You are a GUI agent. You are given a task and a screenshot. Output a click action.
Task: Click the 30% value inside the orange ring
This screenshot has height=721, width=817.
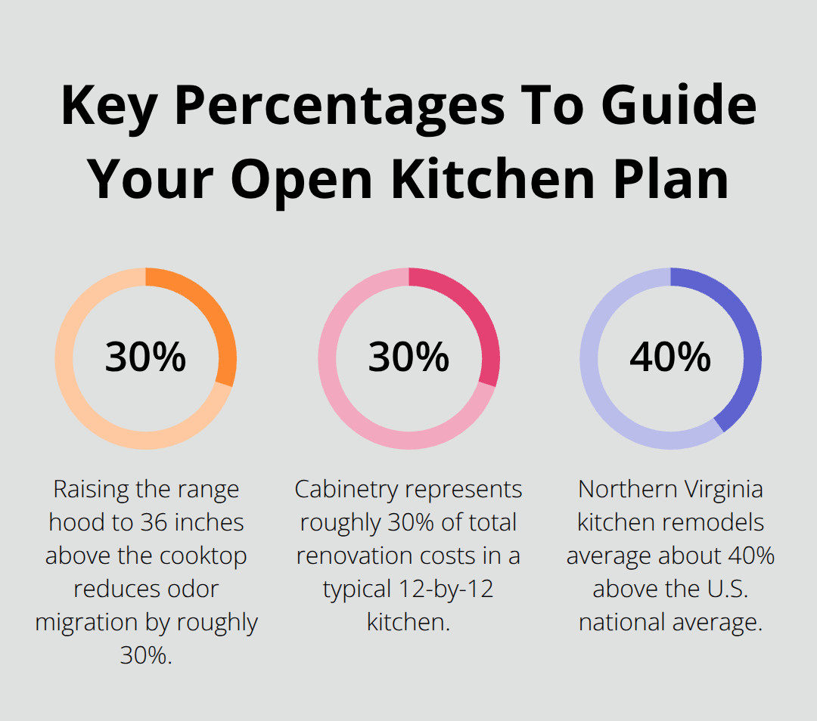[x=145, y=357]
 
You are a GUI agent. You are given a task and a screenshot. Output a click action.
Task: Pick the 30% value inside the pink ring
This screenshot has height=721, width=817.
[x=408, y=357]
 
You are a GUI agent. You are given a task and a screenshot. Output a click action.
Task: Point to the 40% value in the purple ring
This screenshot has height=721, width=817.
[x=670, y=357]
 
